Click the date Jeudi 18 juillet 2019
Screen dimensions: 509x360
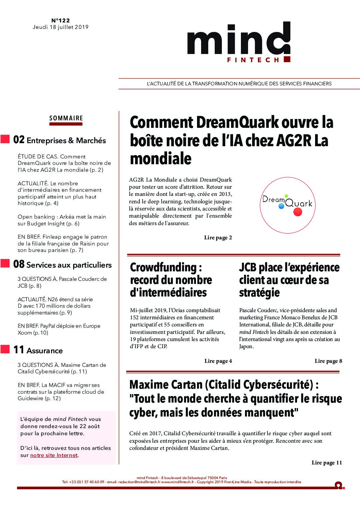pos(61,27)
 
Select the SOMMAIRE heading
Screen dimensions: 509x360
pos(66,118)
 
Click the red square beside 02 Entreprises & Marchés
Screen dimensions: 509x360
pos(5,139)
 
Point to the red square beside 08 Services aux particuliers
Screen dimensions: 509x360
pos(5,263)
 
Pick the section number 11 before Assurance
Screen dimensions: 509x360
pos(19,350)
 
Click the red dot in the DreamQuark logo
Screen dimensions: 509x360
pos(298,212)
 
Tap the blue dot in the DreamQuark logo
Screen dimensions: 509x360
pos(281,206)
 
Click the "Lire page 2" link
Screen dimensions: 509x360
pos(218,238)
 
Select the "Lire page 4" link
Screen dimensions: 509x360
pos(218,361)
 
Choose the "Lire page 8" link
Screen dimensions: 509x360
pos(328,361)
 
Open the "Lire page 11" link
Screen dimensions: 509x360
pos(327,462)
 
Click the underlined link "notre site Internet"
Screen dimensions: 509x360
pos(54,455)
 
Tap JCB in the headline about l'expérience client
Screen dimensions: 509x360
pos(247,268)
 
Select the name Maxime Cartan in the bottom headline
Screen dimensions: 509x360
pos(166,385)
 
